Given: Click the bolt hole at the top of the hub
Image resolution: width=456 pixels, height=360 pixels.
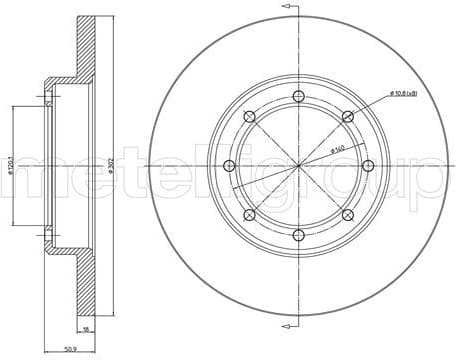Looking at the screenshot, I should pos(298,96).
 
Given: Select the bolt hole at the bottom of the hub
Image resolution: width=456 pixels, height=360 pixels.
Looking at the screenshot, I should pos(298,235).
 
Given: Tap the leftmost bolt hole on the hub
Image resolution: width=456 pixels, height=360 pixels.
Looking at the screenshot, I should pos(229,165).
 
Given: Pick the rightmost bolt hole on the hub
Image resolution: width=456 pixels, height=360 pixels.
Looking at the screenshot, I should pos(368,165).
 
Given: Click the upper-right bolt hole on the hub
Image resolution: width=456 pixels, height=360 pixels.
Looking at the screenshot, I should pos(347,116).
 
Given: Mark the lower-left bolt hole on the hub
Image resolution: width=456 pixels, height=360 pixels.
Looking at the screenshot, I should pos(249,215).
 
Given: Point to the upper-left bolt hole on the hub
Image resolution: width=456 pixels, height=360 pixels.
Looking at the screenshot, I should pos(249,116).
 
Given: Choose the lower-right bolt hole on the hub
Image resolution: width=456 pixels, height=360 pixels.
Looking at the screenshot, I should pos(347,215).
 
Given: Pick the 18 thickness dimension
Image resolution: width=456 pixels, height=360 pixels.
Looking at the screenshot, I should pos(87,327).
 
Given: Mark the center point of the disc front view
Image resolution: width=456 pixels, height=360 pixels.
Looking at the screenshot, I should pos(298,165).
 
